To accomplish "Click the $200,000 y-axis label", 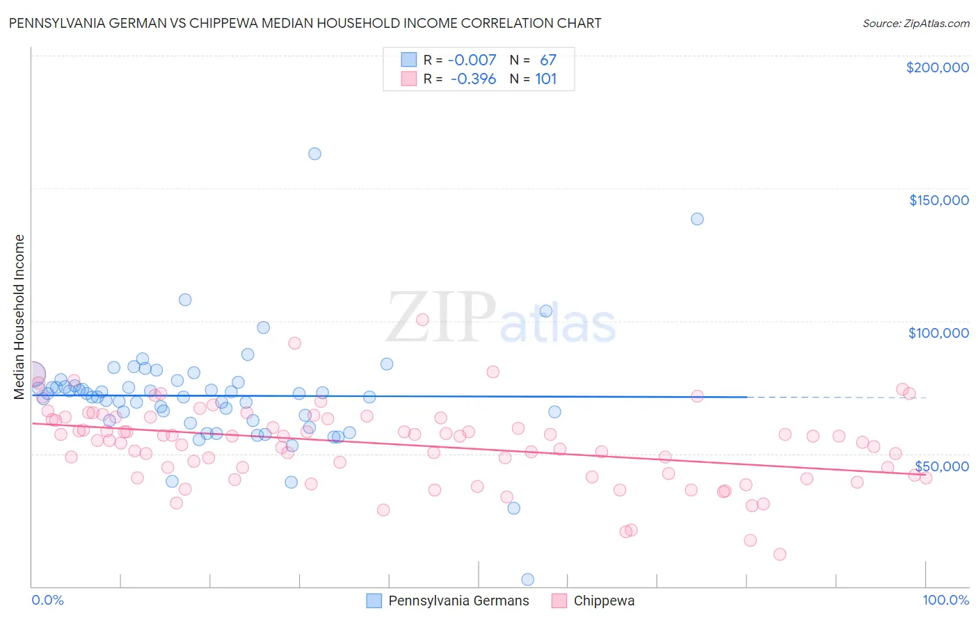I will [937, 67].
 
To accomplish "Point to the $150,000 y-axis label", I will [938, 200].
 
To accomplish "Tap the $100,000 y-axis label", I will [938, 333].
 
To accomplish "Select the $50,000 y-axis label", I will [942, 466].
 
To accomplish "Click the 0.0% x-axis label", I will [47, 601].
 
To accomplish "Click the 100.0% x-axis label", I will [945, 601].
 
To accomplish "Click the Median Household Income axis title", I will [19, 317].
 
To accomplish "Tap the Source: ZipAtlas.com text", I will [915, 24].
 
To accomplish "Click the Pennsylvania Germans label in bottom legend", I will [458, 601].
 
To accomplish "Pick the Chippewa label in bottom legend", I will [604, 601].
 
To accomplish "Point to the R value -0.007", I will [472, 60].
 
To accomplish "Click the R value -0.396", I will [473, 79].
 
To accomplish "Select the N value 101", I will [546, 79].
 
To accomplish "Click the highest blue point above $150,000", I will [314, 154].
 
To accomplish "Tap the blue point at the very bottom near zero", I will [528, 580].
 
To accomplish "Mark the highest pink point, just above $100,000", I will [422, 320].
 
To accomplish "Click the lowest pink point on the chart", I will [780, 554].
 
